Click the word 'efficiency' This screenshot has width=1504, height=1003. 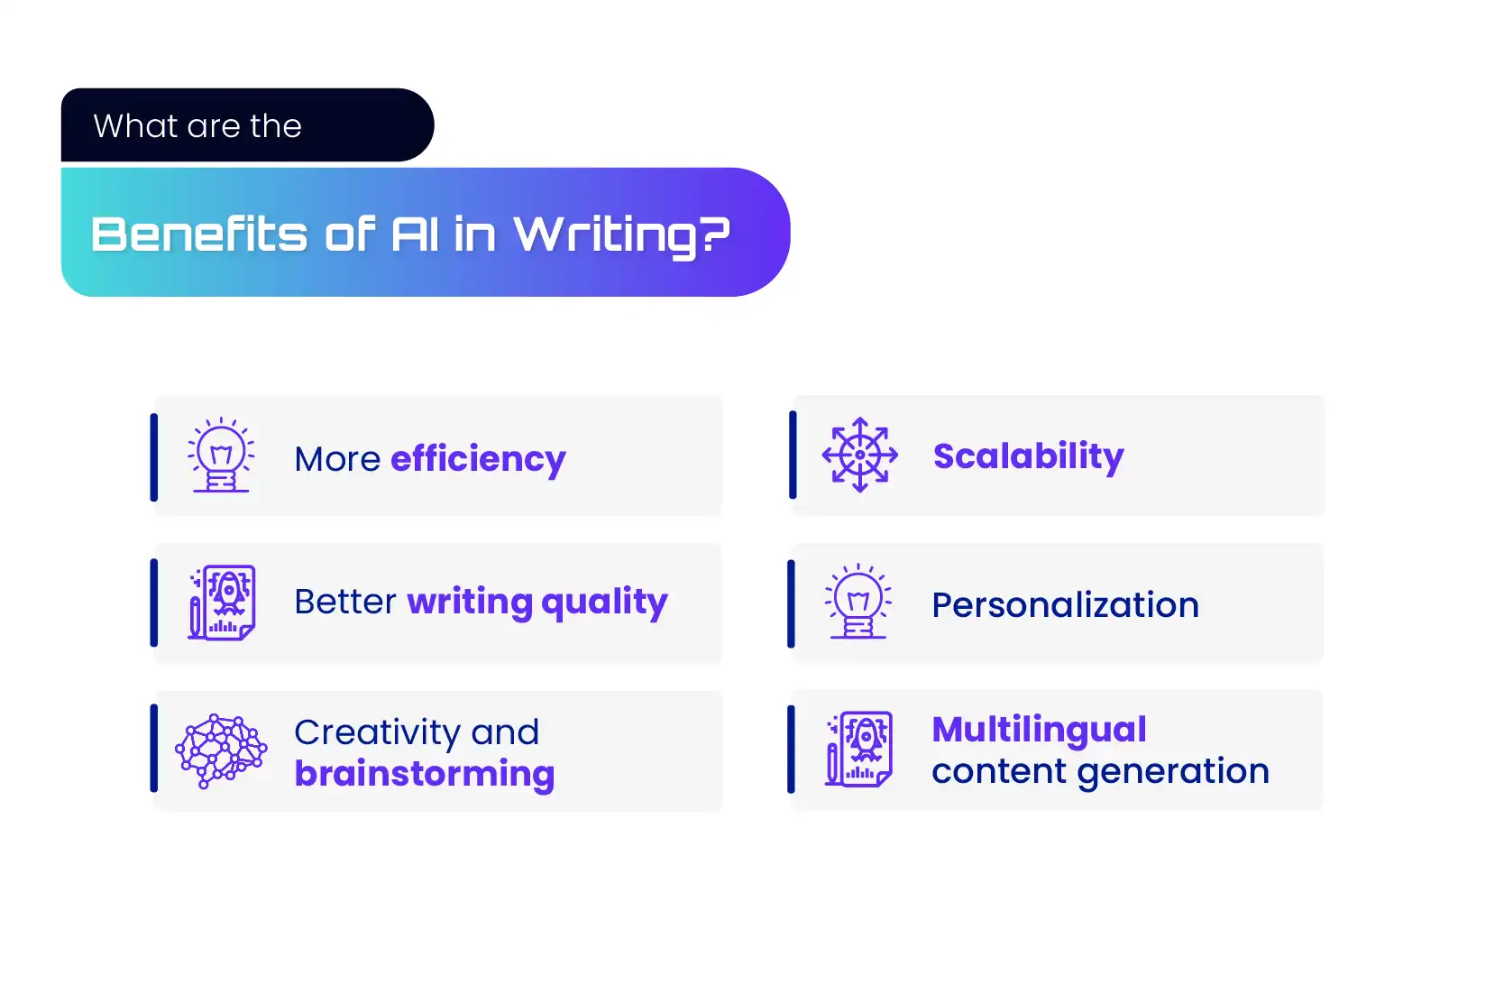coord(478,460)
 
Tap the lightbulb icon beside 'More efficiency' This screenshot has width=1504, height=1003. coord(221,455)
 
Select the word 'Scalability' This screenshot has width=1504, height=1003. coord(1028,456)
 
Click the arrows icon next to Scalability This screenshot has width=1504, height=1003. coord(860,455)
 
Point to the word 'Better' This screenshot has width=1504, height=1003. coord(345,602)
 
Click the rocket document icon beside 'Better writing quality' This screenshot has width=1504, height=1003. coord(222,603)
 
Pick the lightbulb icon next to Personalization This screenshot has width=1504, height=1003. coord(858,602)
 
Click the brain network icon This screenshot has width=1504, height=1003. coord(221,750)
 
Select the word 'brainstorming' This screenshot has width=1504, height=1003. coord(425,774)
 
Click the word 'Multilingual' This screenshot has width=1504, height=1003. coord(1040,731)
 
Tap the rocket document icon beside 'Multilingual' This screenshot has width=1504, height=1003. coord(858,749)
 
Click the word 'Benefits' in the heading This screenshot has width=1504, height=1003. coord(198,235)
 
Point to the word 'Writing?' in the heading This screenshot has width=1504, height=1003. coord(622,235)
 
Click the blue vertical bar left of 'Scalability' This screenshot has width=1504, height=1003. coord(793,455)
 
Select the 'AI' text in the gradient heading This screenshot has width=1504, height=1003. coord(415,235)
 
